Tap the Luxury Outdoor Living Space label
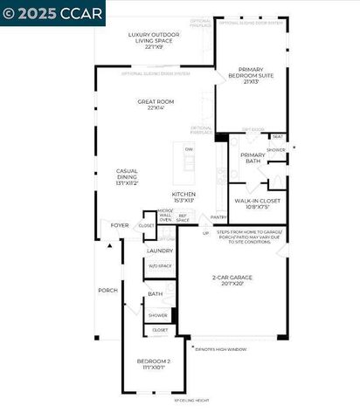(x=156, y=38)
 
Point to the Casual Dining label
(x=128, y=175)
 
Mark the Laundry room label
(x=159, y=251)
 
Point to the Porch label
(x=107, y=290)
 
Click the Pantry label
(x=218, y=216)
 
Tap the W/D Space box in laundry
(x=159, y=266)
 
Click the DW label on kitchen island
(x=189, y=149)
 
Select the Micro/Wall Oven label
(x=165, y=216)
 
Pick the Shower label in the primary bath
(x=276, y=150)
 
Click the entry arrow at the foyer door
(x=109, y=246)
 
